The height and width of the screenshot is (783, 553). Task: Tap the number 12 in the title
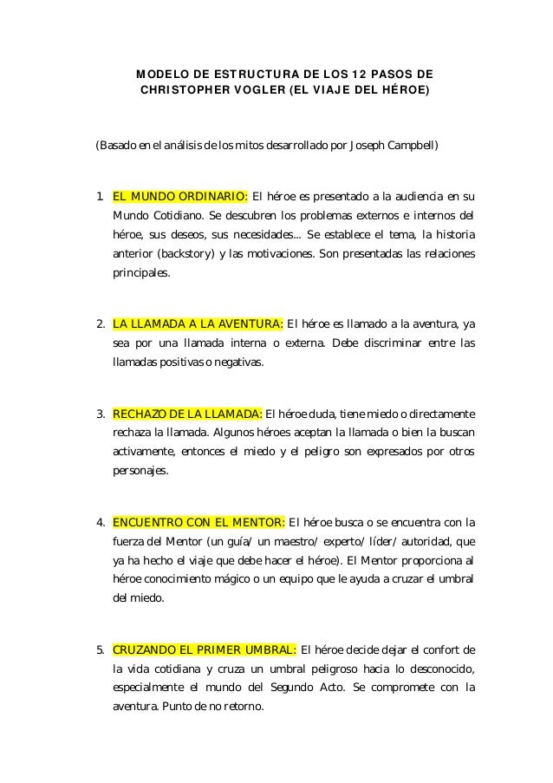click(377, 71)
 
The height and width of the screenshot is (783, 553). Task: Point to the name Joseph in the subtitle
click(364, 144)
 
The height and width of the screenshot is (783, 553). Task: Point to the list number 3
click(101, 412)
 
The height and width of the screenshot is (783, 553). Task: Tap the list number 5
click(101, 650)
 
